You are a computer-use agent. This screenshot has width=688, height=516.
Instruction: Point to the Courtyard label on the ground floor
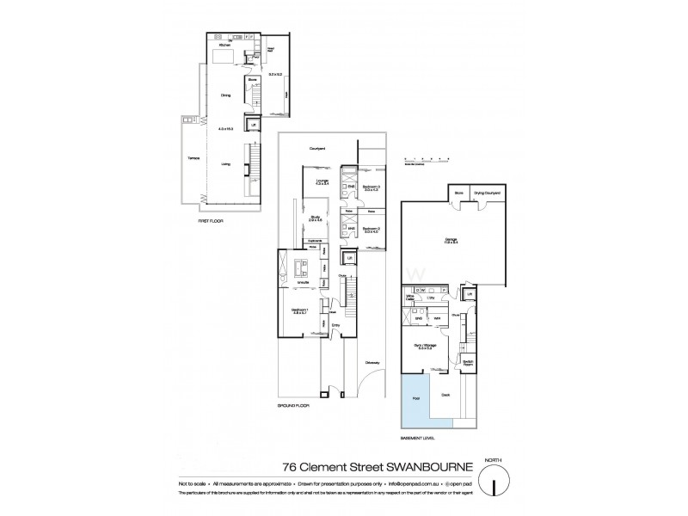click(322, 149)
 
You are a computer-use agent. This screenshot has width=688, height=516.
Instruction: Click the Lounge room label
click(322, 181)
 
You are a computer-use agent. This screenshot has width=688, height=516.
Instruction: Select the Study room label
click(315, 218)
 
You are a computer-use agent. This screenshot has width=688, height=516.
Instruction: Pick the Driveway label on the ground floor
click(372, 361)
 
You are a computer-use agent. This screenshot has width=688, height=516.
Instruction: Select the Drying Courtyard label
click(487, 193)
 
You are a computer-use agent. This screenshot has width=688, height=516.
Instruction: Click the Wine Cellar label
click(410, 298)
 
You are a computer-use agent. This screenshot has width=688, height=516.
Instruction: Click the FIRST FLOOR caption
click(211, 221)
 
